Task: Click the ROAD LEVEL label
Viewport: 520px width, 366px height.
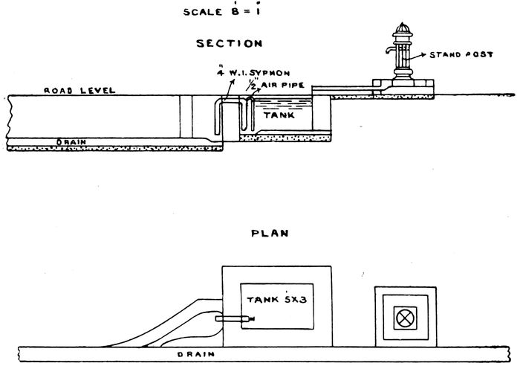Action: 79,91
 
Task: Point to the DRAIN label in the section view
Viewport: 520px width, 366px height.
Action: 71,141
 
